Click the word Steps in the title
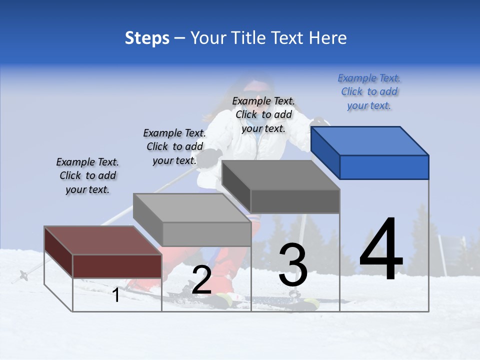(x=147, y=38)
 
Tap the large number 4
(x=381, y=250)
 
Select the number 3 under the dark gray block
(x=293, y=265)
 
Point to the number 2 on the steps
(x=201, y=280)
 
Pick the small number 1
(x=116, y=295)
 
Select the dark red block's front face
(x=117, y=265)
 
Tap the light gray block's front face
(x=206, y=234)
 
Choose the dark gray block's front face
(x=295, y=201)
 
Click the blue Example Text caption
(x=369, y=92)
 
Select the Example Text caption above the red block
(x=87, y=176)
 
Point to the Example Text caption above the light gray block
(x=174, y=146)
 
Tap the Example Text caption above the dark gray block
(x=263, y=114)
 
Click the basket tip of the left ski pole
(x=23, y=274)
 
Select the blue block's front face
(x=384, y=167)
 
